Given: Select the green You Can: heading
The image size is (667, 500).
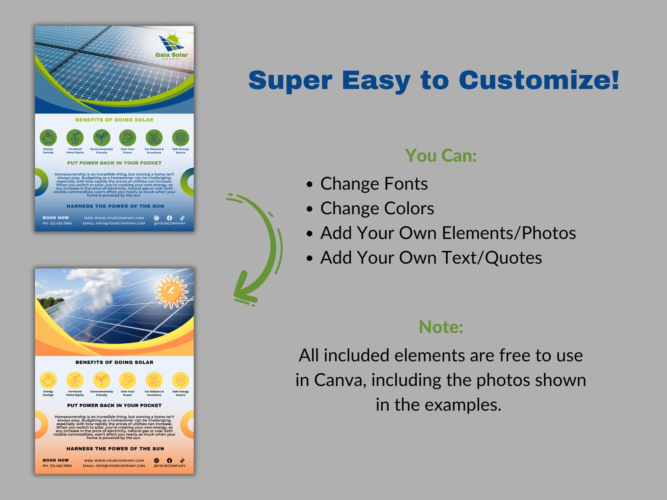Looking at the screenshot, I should (x=441, y=156).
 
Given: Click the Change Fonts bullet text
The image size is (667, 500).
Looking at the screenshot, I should (x=374, y=184).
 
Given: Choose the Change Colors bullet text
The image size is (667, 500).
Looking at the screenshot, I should (x=377, y=209).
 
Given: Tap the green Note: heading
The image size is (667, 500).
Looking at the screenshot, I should (x=441, y=327).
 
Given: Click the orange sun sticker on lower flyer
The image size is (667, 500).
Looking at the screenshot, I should (x=171, y=291).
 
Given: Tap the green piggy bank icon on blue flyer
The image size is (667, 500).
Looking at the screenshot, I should (x=48, y=138).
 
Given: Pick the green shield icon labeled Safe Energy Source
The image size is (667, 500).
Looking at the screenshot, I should (x=181, y=138).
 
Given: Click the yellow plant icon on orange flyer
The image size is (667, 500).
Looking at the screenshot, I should (x=102, y=380).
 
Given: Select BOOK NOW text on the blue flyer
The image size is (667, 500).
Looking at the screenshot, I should (x=55, y=218).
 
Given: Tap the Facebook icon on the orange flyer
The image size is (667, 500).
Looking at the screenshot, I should (x=169, y=461).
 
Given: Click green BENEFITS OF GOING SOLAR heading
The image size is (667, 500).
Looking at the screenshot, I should (x=114, y=120).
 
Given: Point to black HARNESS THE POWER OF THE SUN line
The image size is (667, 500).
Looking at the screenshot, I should (x=115, y=449).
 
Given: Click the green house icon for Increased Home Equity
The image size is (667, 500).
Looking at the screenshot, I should (x=75, y=138).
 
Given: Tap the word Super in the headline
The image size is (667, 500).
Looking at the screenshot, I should (x=290, y=80).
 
